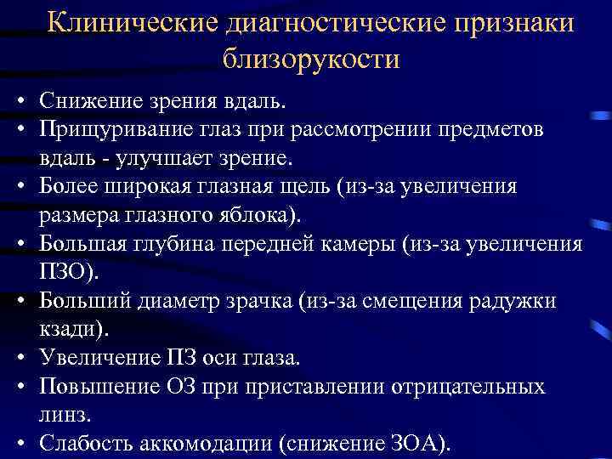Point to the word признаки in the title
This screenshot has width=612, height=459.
[518, 24]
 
